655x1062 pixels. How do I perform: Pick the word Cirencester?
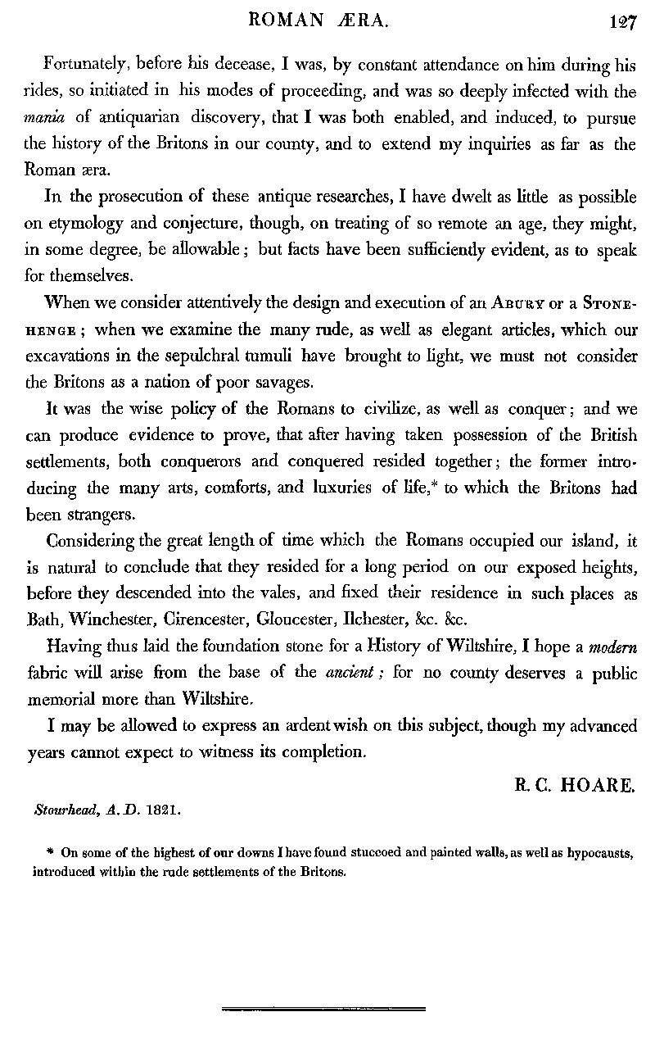[201, 596]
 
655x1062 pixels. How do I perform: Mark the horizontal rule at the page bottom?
[324, 1008]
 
